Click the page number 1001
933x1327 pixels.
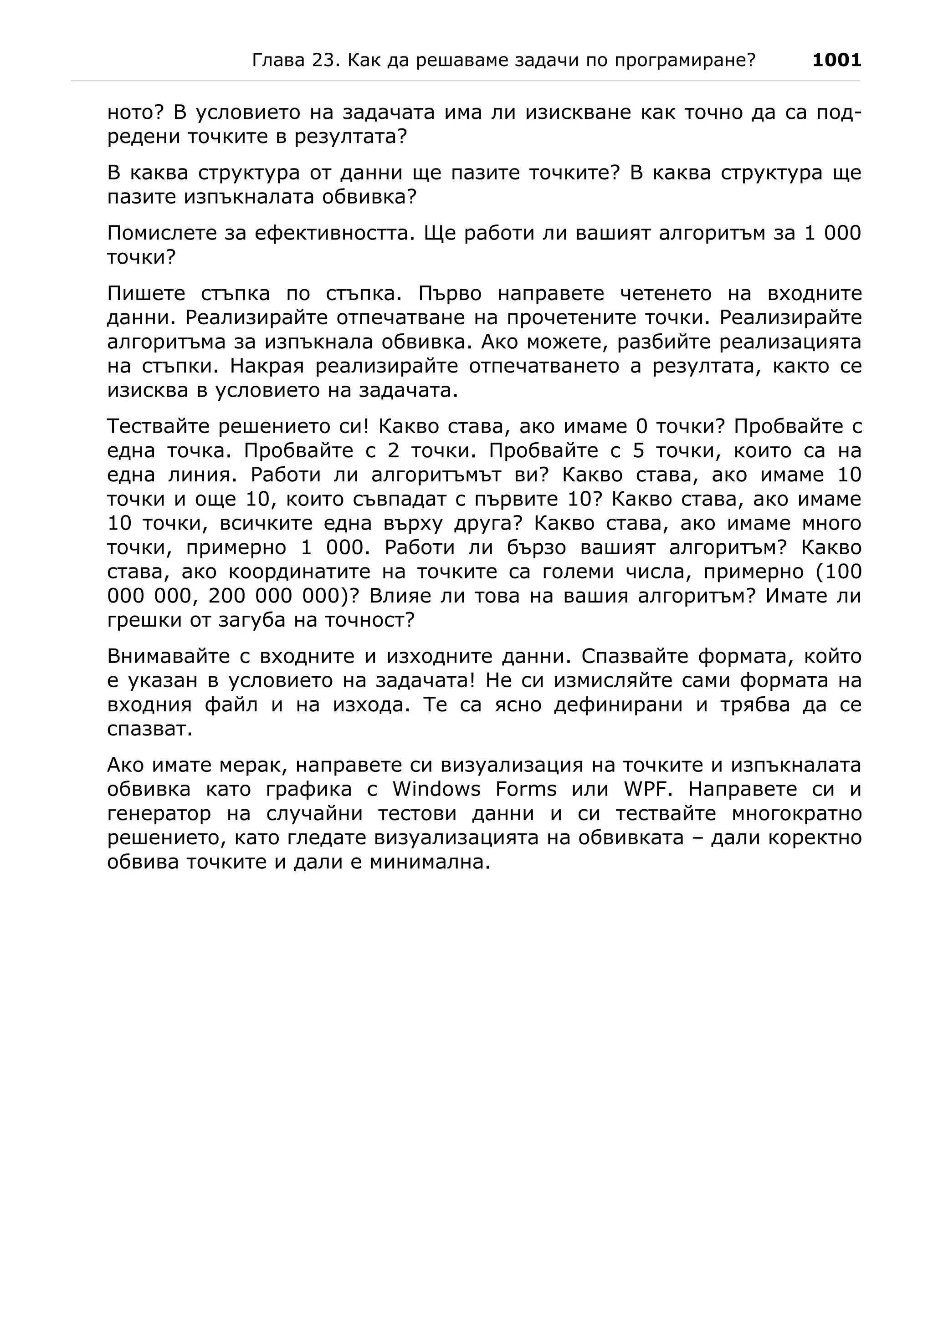[x=836, y=60]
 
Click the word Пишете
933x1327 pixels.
[x=146, y=294]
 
